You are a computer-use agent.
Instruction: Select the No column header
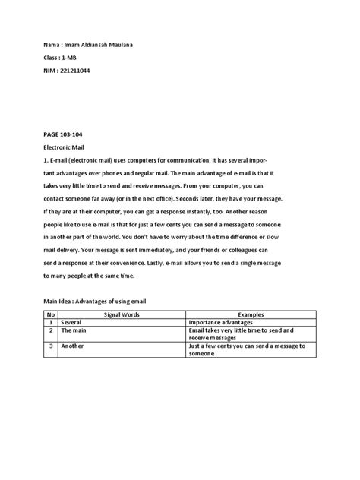click(49, 314)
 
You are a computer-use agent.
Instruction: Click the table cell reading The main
click(74, 330)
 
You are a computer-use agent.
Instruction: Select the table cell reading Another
click(73, 346)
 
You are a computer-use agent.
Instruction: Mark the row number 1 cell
click(49, 322)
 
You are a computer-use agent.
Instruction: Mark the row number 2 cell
click(49, 330)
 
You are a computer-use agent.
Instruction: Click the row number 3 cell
click(49, 346)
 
